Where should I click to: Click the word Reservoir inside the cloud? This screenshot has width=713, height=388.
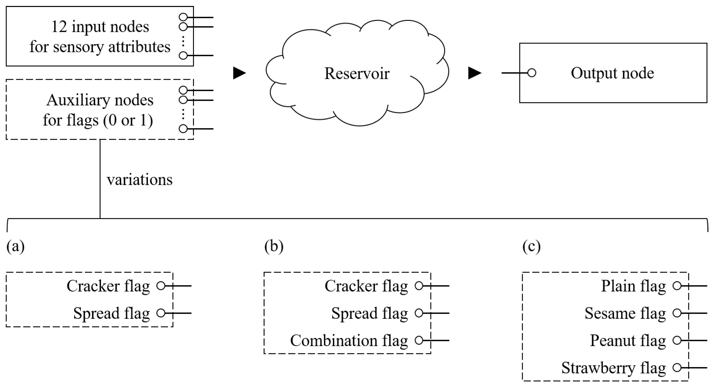click(357, 73)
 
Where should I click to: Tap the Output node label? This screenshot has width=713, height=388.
click(612, 73)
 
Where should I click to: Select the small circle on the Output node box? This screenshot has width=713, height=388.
click(532, 73)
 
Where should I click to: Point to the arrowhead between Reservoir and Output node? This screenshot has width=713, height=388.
click(474, 73)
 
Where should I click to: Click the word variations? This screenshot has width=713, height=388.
click(139, 180)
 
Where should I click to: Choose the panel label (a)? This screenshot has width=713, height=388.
click(16, 246)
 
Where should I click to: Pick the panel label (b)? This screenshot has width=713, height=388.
click(274, 246)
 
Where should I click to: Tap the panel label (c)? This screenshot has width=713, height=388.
click(531, 246)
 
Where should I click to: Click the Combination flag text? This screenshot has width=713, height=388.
click(349, 340)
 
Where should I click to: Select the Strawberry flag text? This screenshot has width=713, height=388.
click(613, 368)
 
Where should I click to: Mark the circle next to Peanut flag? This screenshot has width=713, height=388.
click(677, 340)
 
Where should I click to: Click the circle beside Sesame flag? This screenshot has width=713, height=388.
click(677, 313)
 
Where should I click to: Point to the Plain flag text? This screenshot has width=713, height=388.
click(633, 286)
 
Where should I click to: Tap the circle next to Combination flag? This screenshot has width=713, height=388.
click(419, 340)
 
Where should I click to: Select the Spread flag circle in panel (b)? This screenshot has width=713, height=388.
click(419, 313)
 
